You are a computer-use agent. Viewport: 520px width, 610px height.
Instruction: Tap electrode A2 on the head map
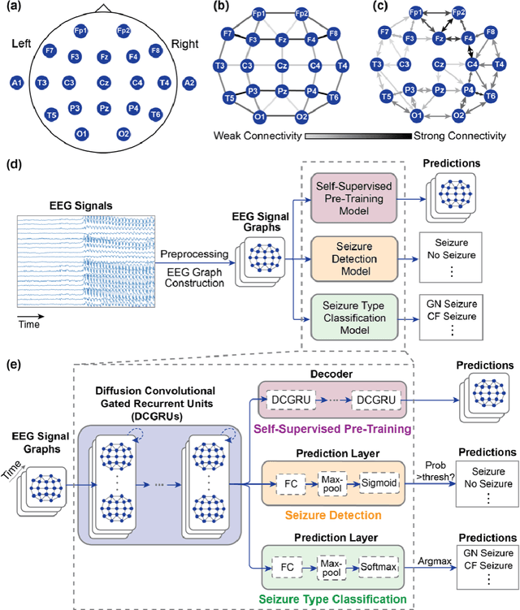click(x=189, y=82)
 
